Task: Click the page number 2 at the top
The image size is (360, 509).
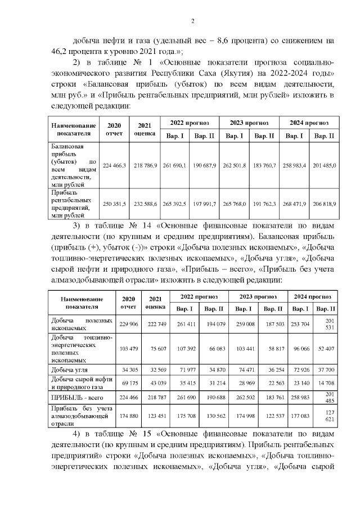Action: pyautogui.click(x=192, y=21)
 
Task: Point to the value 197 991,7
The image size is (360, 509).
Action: pyautogui.click(x=204, y=204)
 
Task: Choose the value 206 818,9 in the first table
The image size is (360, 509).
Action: pyautogui.click(x=325, y=204)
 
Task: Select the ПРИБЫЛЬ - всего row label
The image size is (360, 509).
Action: pyautogui.click(x=71, y=397)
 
